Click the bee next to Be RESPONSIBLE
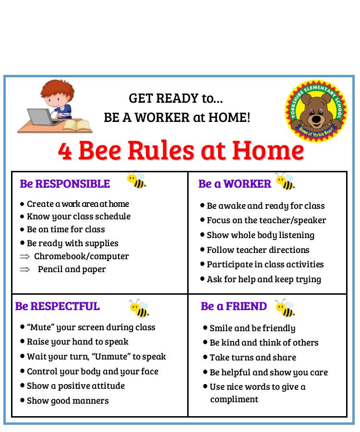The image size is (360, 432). tap(136, 180)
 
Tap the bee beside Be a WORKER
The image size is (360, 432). tap(285, 181)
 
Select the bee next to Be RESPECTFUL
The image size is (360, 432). tap(139, 308)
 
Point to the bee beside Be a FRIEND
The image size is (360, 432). tap(285, 308)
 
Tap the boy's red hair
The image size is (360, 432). tap(57, 88)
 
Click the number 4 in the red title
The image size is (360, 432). tap(65, 151)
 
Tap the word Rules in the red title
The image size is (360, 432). tap(161, 150)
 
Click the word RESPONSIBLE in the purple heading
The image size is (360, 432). tap(72, 184)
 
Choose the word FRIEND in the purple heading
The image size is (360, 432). tap(246, 306)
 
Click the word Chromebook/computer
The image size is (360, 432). tap(81, 256)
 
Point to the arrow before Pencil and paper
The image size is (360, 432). tap(25, 269)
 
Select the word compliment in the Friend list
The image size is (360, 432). tap(234, 399)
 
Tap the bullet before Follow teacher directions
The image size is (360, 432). tap(203, 250)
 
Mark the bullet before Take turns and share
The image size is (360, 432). tap(205, 357)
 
